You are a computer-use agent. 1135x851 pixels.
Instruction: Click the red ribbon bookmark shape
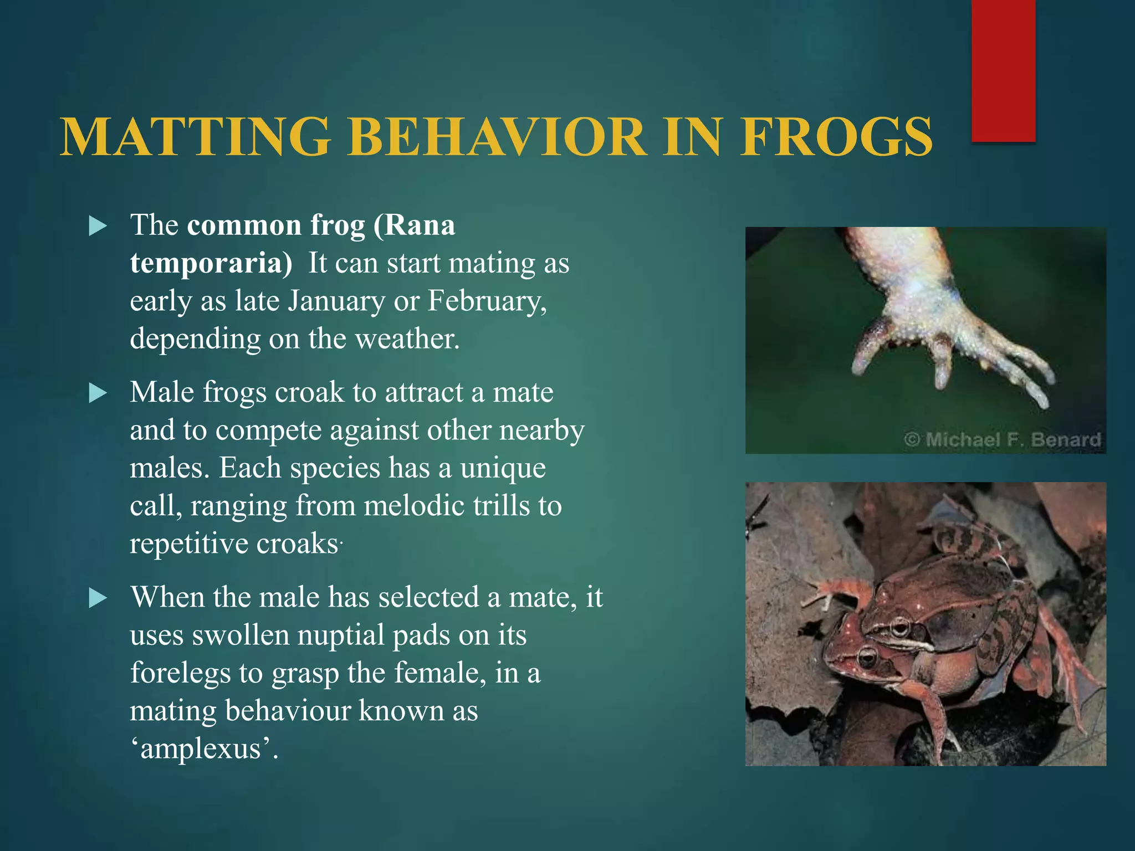click(x=1003, y=71)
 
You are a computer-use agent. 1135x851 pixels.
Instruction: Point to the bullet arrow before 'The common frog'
click(x=98, y=226)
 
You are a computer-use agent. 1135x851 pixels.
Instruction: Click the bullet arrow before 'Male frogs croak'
click(x=98, y=393)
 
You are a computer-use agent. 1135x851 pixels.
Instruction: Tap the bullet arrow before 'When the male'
click(x=98, y=598)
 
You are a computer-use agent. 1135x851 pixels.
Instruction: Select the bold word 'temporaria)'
click(x=211, y=263)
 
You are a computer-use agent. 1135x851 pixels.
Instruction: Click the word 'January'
click(x=336, y=301)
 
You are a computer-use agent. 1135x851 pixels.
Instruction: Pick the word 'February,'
click(x=487, y=301)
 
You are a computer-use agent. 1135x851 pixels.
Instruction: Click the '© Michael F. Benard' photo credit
click(x=1002, y=440)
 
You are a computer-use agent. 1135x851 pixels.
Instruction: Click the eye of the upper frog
click(x=899, y=628)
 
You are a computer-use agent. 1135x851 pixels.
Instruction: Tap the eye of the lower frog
click(x=866, y=658)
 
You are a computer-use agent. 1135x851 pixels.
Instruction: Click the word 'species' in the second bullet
click(x=335, y=468)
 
